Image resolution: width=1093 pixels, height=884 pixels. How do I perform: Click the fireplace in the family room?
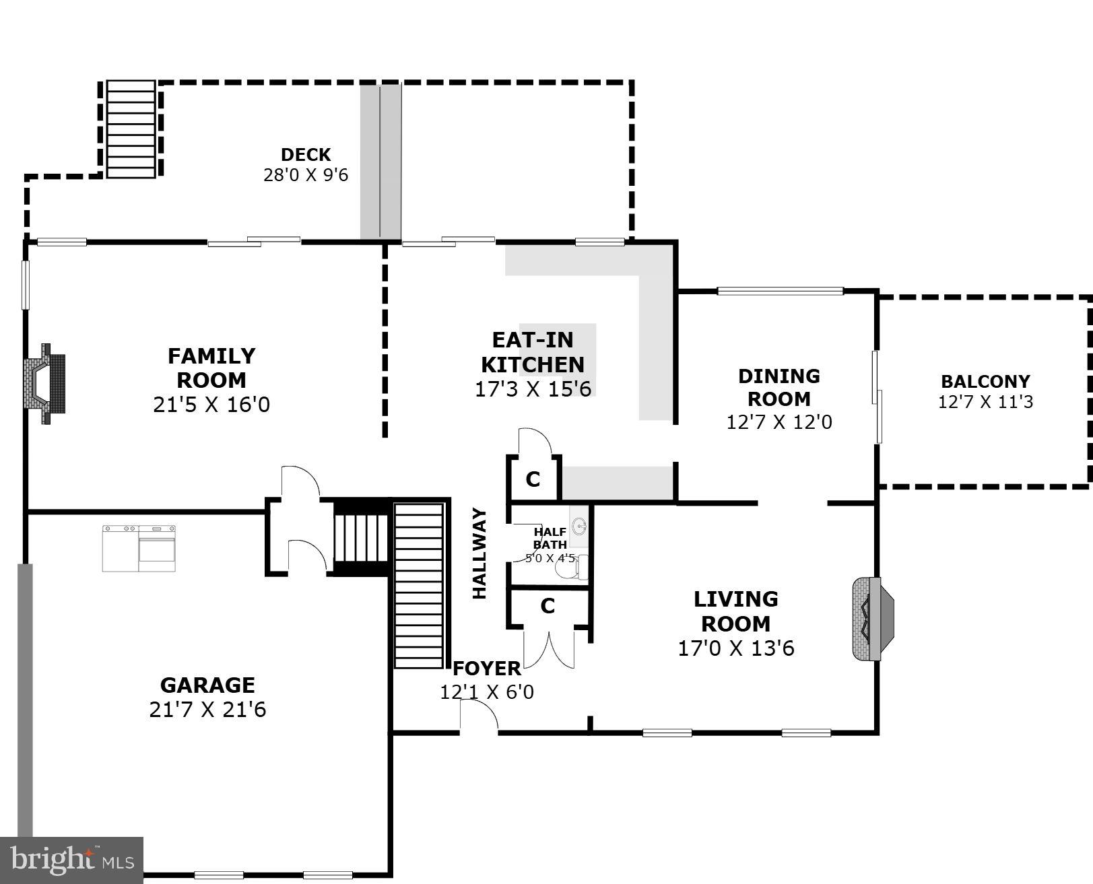(46, 384)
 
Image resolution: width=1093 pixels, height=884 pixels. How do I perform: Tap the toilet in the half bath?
(572, 568)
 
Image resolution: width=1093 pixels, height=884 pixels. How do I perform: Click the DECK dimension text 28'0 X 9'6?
(306, 175)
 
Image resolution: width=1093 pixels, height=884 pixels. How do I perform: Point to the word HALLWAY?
(479, 553)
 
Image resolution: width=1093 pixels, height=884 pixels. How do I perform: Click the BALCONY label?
(985, 382)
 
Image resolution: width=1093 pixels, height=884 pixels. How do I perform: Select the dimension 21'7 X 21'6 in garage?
(207, 710)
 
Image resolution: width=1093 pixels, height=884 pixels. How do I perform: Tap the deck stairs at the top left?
(131, 129)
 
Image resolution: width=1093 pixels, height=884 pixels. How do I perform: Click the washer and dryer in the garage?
(139, 548)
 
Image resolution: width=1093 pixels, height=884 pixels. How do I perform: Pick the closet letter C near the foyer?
(548, 607)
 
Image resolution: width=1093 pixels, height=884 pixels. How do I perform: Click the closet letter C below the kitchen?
(533, 480)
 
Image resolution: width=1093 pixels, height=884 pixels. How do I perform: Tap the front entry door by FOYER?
(479, 716)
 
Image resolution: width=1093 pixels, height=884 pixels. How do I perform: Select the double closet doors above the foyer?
(550, 648)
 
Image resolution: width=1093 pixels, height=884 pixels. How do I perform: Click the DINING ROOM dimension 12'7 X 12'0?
(779, 422)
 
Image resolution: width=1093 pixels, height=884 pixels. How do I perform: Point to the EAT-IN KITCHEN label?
(532, 352)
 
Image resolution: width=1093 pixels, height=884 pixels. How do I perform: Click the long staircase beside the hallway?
(418, 584)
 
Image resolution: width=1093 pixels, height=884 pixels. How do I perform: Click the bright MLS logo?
(72, 860)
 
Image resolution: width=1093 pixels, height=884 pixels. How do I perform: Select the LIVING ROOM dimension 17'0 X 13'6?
(736, 648)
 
